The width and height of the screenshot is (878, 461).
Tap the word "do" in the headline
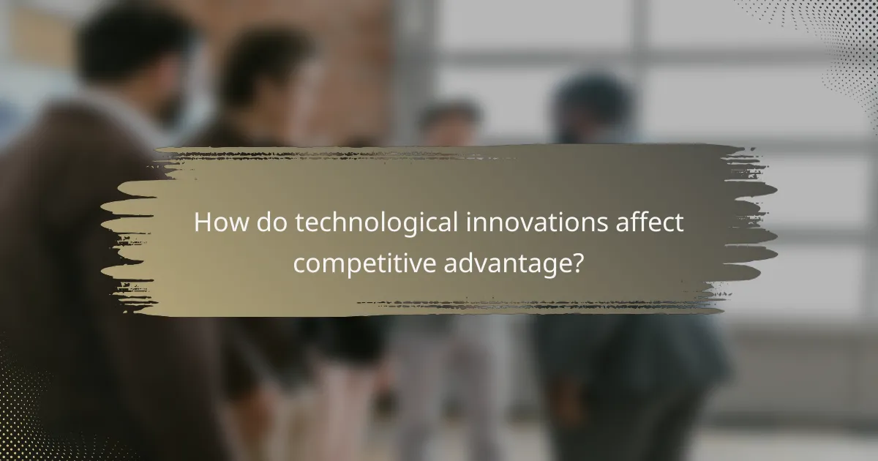click(x=267, y=223)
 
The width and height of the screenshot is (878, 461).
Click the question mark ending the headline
click(x=578, y=261)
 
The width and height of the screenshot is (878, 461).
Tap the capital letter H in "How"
click(x=201, y=223)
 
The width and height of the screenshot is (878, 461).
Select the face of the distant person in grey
click(x=449, y=124)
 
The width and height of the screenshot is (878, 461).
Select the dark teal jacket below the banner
click(x=629, y=366)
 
